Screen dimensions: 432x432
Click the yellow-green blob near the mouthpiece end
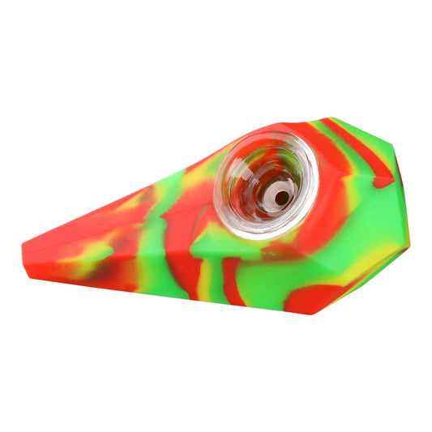click(x=85, y=258)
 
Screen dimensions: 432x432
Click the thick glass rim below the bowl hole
click(x=259, y=231)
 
